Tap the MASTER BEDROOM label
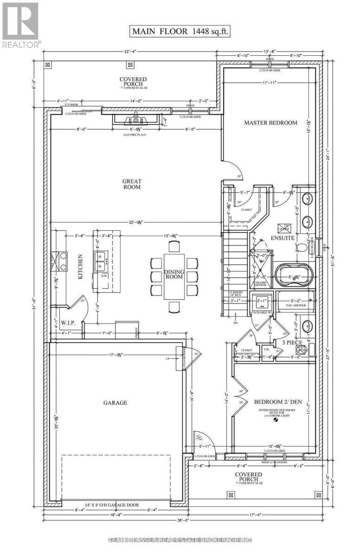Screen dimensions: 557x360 pos(270,123)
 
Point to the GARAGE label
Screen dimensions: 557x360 pos(116,402)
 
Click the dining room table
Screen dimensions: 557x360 pos(174,277)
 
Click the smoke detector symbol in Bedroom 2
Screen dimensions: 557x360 pos(276,421)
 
